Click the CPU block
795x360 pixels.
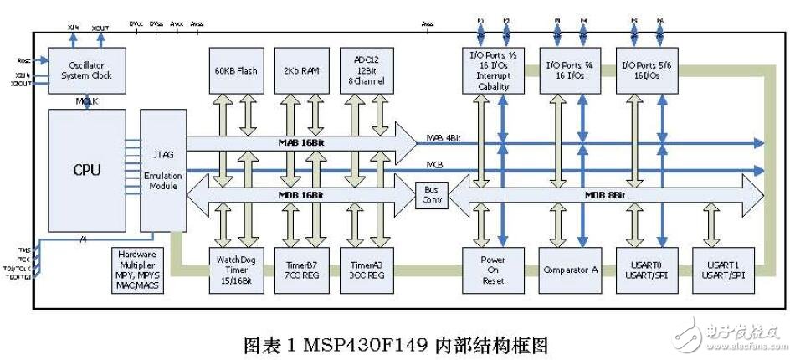click(86, 170)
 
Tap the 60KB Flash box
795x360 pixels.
click(235, 70)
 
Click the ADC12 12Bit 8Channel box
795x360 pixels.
click(367, 70)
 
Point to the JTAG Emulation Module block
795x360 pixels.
click(162, 170)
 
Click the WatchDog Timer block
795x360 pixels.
click(235, 270)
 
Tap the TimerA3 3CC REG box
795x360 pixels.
click(367, 270)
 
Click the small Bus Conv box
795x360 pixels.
click(432, 196)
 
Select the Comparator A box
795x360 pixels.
click(569, 270)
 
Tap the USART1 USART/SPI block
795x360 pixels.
click(722, 270)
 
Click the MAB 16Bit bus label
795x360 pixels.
click(300, 143)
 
